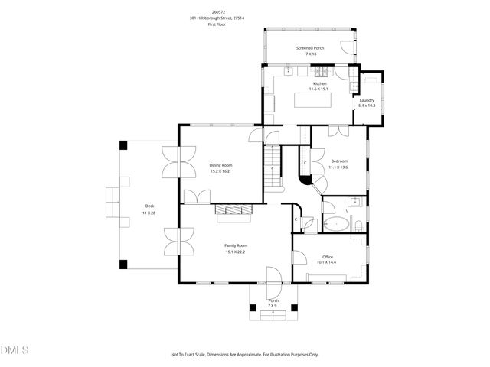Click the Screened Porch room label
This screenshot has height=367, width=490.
[310, 48]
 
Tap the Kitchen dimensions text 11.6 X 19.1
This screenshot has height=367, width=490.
[319, 89]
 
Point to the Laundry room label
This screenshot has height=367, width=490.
[367, 100]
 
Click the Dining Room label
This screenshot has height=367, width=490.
[220, 165]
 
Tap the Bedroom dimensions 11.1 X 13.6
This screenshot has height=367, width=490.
[339, 167]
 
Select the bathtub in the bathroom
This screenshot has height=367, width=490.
[335, 226]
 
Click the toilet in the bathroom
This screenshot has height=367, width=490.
[358, 224]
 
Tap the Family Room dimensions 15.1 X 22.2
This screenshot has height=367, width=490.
[235, 252]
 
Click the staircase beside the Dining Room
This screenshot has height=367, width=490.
[272, 169]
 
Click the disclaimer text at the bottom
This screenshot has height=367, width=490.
[245, 354]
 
